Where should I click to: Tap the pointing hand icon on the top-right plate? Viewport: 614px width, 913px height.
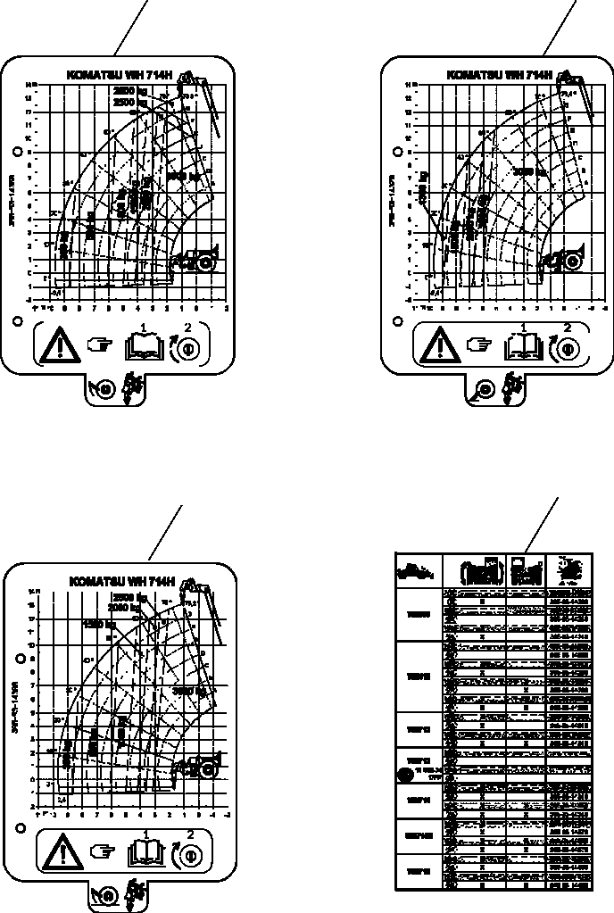pos(481,343)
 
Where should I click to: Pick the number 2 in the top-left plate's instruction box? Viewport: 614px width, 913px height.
pos(187,328)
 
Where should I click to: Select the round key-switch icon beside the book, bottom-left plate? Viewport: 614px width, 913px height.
pos(187,851)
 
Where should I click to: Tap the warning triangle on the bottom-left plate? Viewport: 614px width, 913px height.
pos(62,852)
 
